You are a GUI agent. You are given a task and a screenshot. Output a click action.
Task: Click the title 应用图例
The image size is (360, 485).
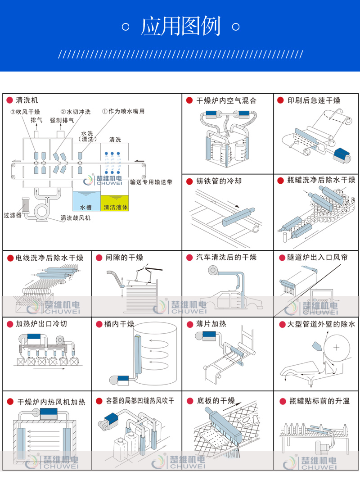[x=181, y=27]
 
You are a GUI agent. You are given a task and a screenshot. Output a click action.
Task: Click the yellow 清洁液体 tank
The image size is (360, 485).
[x=115, y=203]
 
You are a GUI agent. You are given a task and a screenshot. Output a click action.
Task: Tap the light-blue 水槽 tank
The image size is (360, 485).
[x=86, y=201]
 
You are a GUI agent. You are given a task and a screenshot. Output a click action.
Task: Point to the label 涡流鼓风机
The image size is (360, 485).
[x=76, y=218]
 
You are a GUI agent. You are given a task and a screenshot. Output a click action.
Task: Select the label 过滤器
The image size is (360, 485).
[x=13, y=215]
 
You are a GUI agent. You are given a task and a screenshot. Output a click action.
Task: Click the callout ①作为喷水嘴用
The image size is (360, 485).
[x=123, y=111]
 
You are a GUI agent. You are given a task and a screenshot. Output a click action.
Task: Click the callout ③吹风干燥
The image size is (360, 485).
[x=25, y=112]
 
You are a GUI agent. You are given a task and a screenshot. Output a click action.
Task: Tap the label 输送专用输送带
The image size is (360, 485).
[x=151, y=182]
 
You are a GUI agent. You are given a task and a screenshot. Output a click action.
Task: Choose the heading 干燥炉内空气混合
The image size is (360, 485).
[x=226, y=100]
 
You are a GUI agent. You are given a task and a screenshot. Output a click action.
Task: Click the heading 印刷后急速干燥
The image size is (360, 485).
[x=314, y=100]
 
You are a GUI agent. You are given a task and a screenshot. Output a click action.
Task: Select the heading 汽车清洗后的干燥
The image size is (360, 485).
[x=226, y=257]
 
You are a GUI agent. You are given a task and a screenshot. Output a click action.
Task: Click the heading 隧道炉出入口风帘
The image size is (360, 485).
[x=317, y=257]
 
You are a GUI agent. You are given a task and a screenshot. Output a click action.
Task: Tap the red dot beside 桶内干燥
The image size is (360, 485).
[x=99, y=324]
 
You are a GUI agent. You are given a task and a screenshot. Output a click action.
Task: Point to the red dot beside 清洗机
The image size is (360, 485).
[x=9, y=100]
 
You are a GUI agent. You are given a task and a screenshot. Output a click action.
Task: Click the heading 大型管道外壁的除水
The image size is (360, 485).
[x=321, y=324]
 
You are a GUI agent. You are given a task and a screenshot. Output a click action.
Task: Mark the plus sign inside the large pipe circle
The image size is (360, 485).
[x=337, y=347]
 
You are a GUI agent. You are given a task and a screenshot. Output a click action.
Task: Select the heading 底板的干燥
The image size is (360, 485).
[x=216, y=401]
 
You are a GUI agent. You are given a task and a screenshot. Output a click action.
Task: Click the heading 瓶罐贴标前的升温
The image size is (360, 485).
[x=319, y=401]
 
